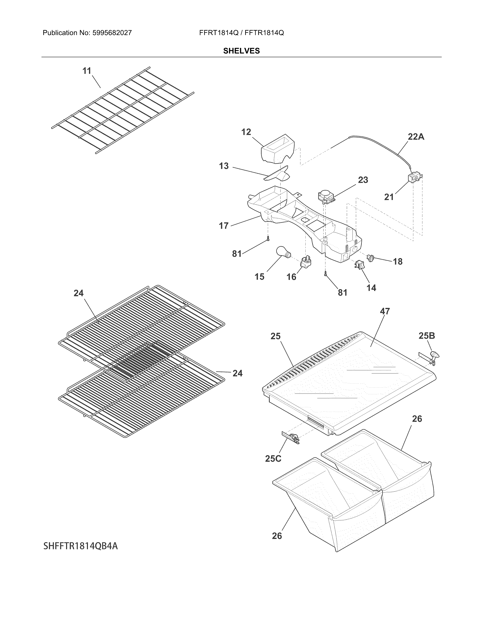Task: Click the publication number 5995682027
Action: coord(112,33)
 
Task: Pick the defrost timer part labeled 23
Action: coord(326,197)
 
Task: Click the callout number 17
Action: coord(224,226)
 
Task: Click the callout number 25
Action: coord(276,336)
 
